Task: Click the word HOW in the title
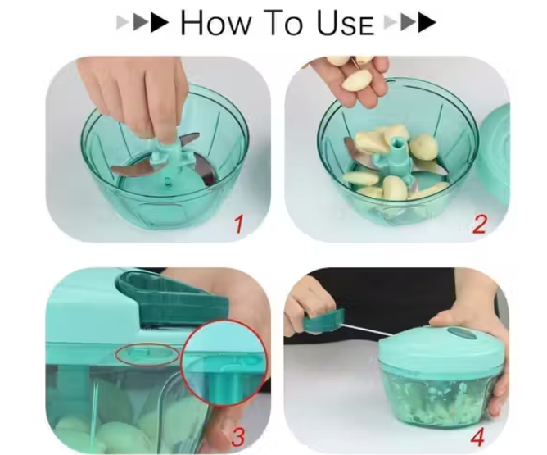click(215, 22)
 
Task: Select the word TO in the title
click(283, 22)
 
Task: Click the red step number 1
click(238, 224)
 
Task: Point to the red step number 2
click(479, 224)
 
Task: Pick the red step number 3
click(238, 436)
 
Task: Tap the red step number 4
click(478, 436)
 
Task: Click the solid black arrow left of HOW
click(160, 23)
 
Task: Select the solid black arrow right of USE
click(427, 23)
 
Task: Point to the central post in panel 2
click(396, 153)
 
